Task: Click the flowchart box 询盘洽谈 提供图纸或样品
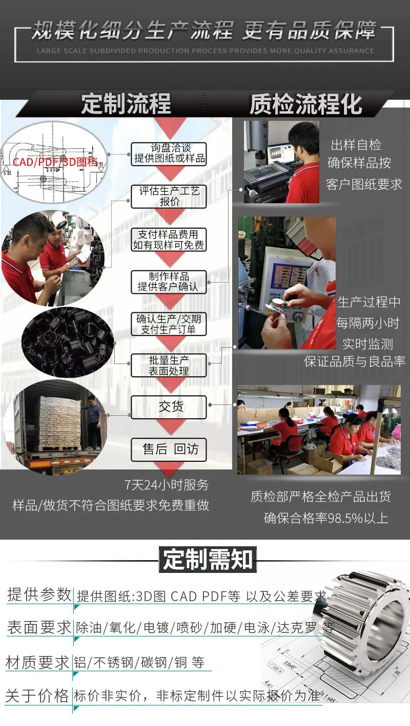pyautogui.click(x=169, y=154)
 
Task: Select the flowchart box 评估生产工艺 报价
pyautogui.click(x=169, y=197)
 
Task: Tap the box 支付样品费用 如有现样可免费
pyautogui.click(x=169, y=240)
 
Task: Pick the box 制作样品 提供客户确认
pyautogui.click(x=169, y=282)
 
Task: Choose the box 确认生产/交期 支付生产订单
pyautogui.click(x=169, y=324)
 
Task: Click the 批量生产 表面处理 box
pyautogui.click(x=169, y=365)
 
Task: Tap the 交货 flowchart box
pyautogui.click(x=169, y=407)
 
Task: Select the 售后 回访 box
pyautogui.click(x=169, y=450)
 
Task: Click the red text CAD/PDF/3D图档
pyautogui.click(x=55, y=162)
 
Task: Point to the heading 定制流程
pyautogui.click(x=126, y=104)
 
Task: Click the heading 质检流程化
pyautogui.click(x=305, y=104)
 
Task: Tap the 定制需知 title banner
pyautogui.click(x=208, y=560)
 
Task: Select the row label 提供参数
pyautogui.click(x=39, y=595)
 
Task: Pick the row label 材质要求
pyautogui.click(x=37, y=663)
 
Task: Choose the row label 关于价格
pyautogui.click(x=37, y=695)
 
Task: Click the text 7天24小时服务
pyautogui.click(x=167, y=485)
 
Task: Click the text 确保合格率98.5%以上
pyautogui.click(x=326, y=518)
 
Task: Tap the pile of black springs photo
pyautogui.click(x=68, y=342)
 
